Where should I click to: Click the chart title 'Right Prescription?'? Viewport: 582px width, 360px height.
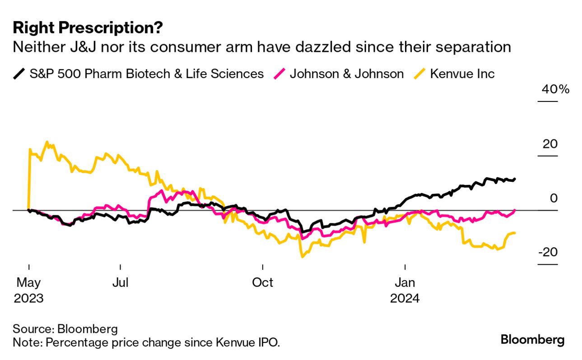coord(88,28)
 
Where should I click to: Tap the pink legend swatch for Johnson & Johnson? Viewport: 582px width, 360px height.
coord(279,74)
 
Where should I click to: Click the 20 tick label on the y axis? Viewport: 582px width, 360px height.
coord(551,144)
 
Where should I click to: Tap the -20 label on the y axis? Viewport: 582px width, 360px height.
coord(548,252)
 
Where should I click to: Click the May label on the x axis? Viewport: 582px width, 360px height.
coord(28,283)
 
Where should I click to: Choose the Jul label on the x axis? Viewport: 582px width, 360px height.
coord(121,283)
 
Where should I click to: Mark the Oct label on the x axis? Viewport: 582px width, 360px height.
coord(262,283)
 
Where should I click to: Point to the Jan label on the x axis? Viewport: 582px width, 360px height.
coord(405,283)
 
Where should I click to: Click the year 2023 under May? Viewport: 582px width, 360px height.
coord(28,298)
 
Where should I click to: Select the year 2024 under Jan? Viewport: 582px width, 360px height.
coord(405,298)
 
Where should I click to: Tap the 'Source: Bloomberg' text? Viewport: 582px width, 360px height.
coord(65,328)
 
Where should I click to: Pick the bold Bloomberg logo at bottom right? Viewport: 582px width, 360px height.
coord(532,339)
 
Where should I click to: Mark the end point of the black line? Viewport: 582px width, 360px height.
coord(515,179)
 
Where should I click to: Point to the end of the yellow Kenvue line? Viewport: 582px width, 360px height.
coord(515,233)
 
